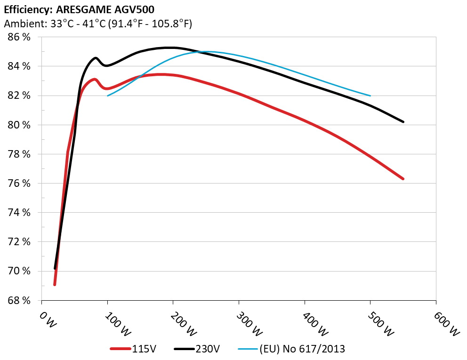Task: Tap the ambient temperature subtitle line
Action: coord(97,24)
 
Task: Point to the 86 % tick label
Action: coord(19,37)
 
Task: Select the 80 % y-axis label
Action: coord(19,125)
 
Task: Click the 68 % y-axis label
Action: coord(19,300)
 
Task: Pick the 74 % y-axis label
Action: coord(19,213)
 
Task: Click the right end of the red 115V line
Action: coord(403,179)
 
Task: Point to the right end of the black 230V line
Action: coord(403,122)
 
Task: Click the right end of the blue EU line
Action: coord(370,96)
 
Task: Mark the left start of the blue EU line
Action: coord(108,96)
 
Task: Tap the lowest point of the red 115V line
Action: coord(55,284)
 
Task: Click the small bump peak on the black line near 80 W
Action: coord(96,58)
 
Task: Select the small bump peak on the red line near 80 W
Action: coord(95,79)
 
